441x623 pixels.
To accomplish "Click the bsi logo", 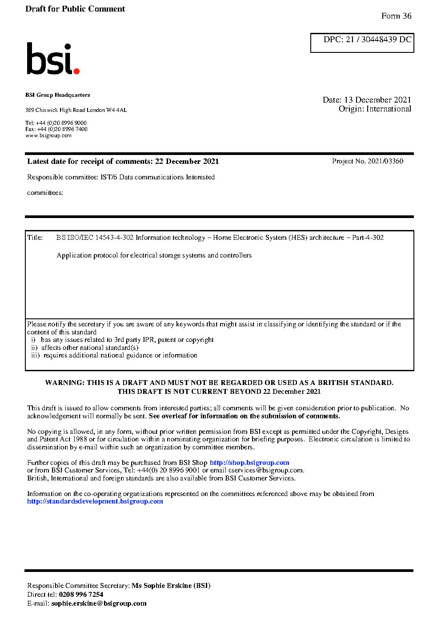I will [x=53, y=59].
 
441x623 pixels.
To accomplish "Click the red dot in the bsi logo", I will [x=76, y=71].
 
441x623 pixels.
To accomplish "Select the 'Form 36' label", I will [x=396, y=16].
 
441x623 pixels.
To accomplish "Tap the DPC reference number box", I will [x=362, y=43].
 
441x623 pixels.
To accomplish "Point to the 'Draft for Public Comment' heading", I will [x=75, y=9].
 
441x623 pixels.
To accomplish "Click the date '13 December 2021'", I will [x=377, y=100].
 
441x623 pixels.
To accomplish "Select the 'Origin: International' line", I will [x=375, y=109].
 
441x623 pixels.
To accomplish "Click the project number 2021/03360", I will [x=385, y=161].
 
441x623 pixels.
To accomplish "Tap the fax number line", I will [x=56, y=129].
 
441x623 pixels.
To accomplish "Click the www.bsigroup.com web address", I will [x=48, y=135].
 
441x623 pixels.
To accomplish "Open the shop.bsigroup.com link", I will [x=249, y=463].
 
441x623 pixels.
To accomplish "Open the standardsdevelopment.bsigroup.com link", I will [x=95, y=501].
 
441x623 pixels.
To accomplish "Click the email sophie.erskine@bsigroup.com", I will [x=99, y=603].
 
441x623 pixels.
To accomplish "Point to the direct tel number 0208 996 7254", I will [x=81, y=595].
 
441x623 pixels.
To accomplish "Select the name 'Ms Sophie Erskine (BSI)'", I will [x=171, y=586].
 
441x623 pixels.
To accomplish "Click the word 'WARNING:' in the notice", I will [x=65, y=383].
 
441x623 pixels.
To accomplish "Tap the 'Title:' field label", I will [x=35, y=238].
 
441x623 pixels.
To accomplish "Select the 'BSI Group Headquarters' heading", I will [x=58, y=95].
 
